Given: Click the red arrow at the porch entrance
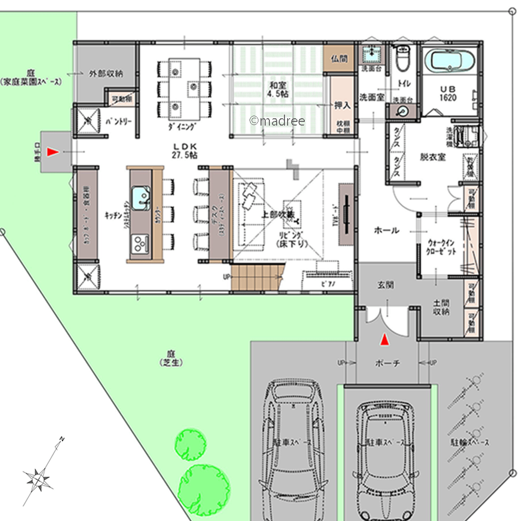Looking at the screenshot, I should point(384,340).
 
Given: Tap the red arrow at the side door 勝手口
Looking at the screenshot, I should point(52,152).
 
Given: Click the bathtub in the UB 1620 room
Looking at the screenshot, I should point(451,60).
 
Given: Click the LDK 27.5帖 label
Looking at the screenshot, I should point(182,151).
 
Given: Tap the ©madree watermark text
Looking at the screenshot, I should point(277,121).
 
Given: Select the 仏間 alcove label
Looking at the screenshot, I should point(339,59).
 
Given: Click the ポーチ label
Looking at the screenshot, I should point(388,364).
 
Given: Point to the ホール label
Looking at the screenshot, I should point(387,230).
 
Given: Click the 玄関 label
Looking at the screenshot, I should point(386,286).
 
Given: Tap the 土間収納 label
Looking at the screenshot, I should point(441,307).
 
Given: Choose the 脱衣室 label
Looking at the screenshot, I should point(433,157).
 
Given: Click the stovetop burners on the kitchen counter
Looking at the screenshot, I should point(139,242).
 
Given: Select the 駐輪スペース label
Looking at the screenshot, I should point(470,442).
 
